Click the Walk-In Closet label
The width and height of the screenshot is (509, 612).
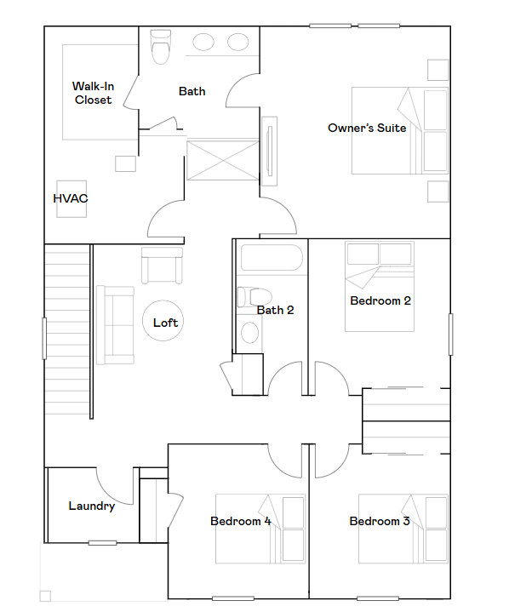coord(92,93)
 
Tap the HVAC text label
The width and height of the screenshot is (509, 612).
coord(71,198)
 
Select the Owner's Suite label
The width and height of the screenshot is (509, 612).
coord(367,129)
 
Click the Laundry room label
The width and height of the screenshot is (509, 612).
coord(92,506)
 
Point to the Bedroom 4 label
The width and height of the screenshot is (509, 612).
coord(241,521)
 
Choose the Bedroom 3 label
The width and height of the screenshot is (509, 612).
coord(380,521)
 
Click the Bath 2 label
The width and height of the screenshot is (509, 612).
coord(275,310)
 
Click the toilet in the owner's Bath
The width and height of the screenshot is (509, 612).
coord(160,49)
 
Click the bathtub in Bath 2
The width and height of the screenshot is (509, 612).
coord(272,260)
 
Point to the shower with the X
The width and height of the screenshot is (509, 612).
coord(222,161)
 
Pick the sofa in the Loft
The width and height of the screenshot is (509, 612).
coord(114,324)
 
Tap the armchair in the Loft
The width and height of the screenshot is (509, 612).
coord(162,266)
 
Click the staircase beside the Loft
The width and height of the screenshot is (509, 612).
coord(67,315)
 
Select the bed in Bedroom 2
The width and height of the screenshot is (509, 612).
coord(379,287)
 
